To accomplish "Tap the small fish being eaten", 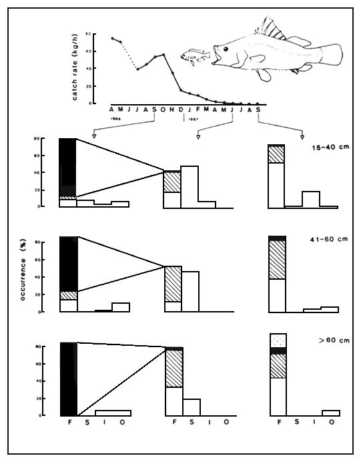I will click(194, 56).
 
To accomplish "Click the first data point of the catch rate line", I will click(112, 38).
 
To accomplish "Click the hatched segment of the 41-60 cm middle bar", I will click(173, 284).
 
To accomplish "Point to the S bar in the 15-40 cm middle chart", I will click(190, 186).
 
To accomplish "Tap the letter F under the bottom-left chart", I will click(69, 422).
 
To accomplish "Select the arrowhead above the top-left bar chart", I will click(94, 136).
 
